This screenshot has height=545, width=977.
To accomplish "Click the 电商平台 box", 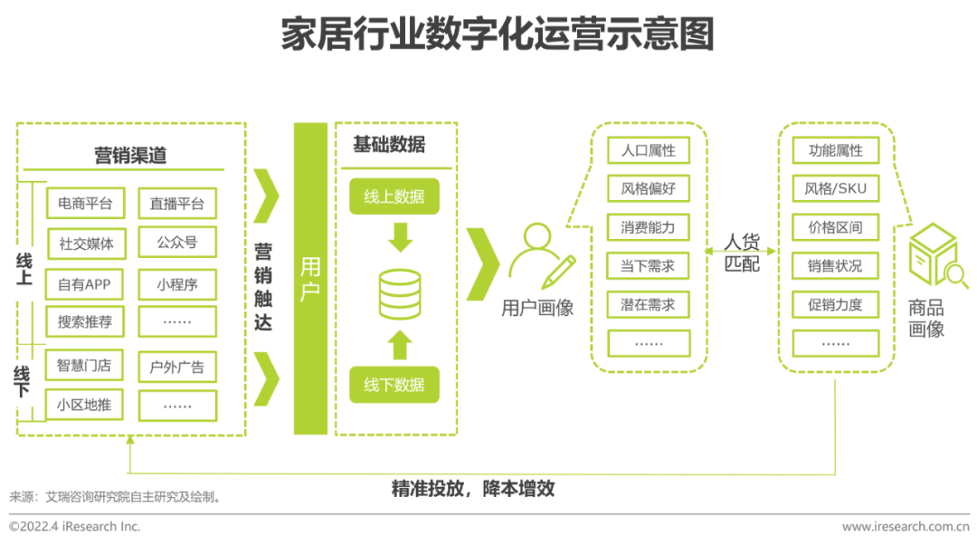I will click(85, 204).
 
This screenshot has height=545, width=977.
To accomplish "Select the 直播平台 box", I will click(177, 204).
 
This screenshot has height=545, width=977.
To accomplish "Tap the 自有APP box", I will click(85, 284).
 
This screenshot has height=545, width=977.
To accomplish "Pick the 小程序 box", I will click(177, 284).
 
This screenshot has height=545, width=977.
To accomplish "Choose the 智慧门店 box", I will click(85, 366).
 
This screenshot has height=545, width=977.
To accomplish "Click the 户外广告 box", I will click(177, 367).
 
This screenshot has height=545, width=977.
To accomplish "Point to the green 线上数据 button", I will click(394, 196).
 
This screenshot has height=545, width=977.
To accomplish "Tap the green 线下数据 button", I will click(394, 385).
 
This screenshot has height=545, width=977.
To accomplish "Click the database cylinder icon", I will click(399, 294).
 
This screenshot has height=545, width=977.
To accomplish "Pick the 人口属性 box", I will click(649, 150).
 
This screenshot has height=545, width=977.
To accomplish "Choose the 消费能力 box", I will click(649, 227).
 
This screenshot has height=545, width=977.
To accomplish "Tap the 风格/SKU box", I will click(835, 189).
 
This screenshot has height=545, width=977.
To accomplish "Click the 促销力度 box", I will click(835, 305).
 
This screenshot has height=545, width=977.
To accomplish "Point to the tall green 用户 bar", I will click(310, 279).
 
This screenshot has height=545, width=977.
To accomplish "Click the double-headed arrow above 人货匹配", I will click(741, 228).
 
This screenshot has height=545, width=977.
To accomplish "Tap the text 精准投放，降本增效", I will click(472, 490).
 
